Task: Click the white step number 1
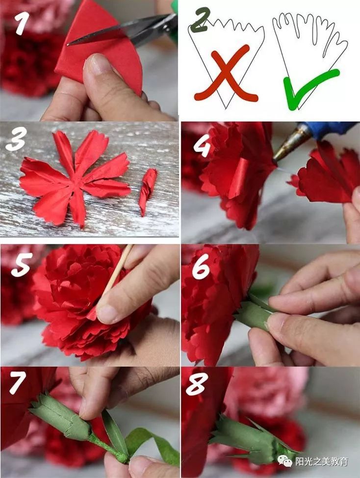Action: [x=22, y=23]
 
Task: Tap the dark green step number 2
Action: [x=200, y=20]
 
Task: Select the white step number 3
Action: [x=16, y=139]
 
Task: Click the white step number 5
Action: [x=22, y=265]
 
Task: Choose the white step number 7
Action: [x=18, y=382]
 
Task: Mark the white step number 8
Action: [x=197, y=384]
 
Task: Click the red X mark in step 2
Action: [x=226, y=73]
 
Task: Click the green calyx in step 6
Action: [x=253, y=312]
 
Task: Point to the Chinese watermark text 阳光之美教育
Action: [x=322, y=461]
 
